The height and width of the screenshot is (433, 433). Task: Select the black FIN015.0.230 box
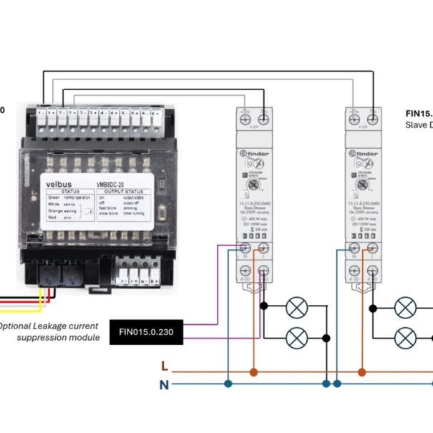point(145,332)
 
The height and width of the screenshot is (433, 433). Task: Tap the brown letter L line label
point(165,366)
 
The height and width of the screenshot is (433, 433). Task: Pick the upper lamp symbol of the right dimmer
point(406,308)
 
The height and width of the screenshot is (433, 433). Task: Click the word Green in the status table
point(56,197)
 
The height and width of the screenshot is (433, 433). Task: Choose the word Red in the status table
point(53,216)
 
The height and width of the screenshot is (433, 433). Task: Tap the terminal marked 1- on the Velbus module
point(41,112)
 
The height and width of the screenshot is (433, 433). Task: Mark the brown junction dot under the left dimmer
point(253,372)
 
